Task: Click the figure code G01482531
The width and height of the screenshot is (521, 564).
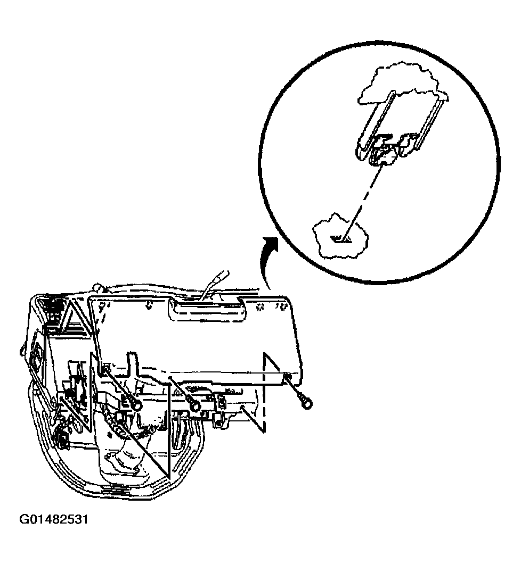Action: coord(54,520)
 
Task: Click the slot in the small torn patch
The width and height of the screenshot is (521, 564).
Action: coord(340,239)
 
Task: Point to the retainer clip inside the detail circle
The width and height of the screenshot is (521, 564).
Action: coord(385,152)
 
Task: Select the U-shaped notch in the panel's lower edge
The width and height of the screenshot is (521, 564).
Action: coord(132,361)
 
